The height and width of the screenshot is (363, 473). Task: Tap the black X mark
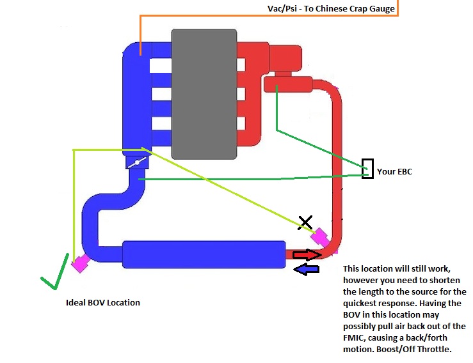pos(306,222)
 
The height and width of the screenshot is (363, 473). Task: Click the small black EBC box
pos(367,169)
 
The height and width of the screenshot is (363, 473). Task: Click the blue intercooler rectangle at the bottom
pos(203,254)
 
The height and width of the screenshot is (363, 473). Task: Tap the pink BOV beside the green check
pos(79,263)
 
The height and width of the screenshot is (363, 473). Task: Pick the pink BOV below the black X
pos(319,238)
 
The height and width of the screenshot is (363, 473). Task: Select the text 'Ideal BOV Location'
pos(103,302)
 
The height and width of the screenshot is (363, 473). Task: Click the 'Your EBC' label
pos(394,171)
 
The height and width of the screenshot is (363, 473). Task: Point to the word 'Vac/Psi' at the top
pos(282,9)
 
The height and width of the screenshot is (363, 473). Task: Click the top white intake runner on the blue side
pos(160,65)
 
